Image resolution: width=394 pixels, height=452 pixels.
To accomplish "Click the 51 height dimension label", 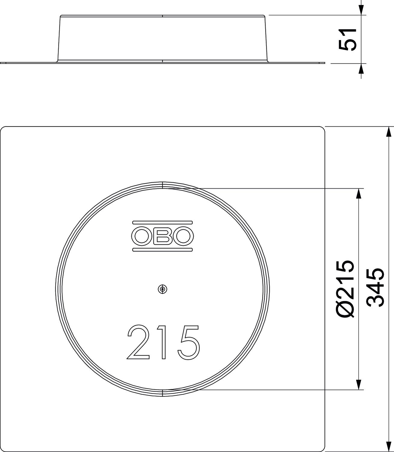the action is click(347, 40).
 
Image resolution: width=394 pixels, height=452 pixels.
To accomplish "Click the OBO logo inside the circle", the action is click(162, 236).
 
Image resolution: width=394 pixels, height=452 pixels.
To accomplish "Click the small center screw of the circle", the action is click(162, 289).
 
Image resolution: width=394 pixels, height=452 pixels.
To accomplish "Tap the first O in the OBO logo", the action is click(141, 236).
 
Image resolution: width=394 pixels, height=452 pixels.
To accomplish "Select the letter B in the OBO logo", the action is click(162, 236).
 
